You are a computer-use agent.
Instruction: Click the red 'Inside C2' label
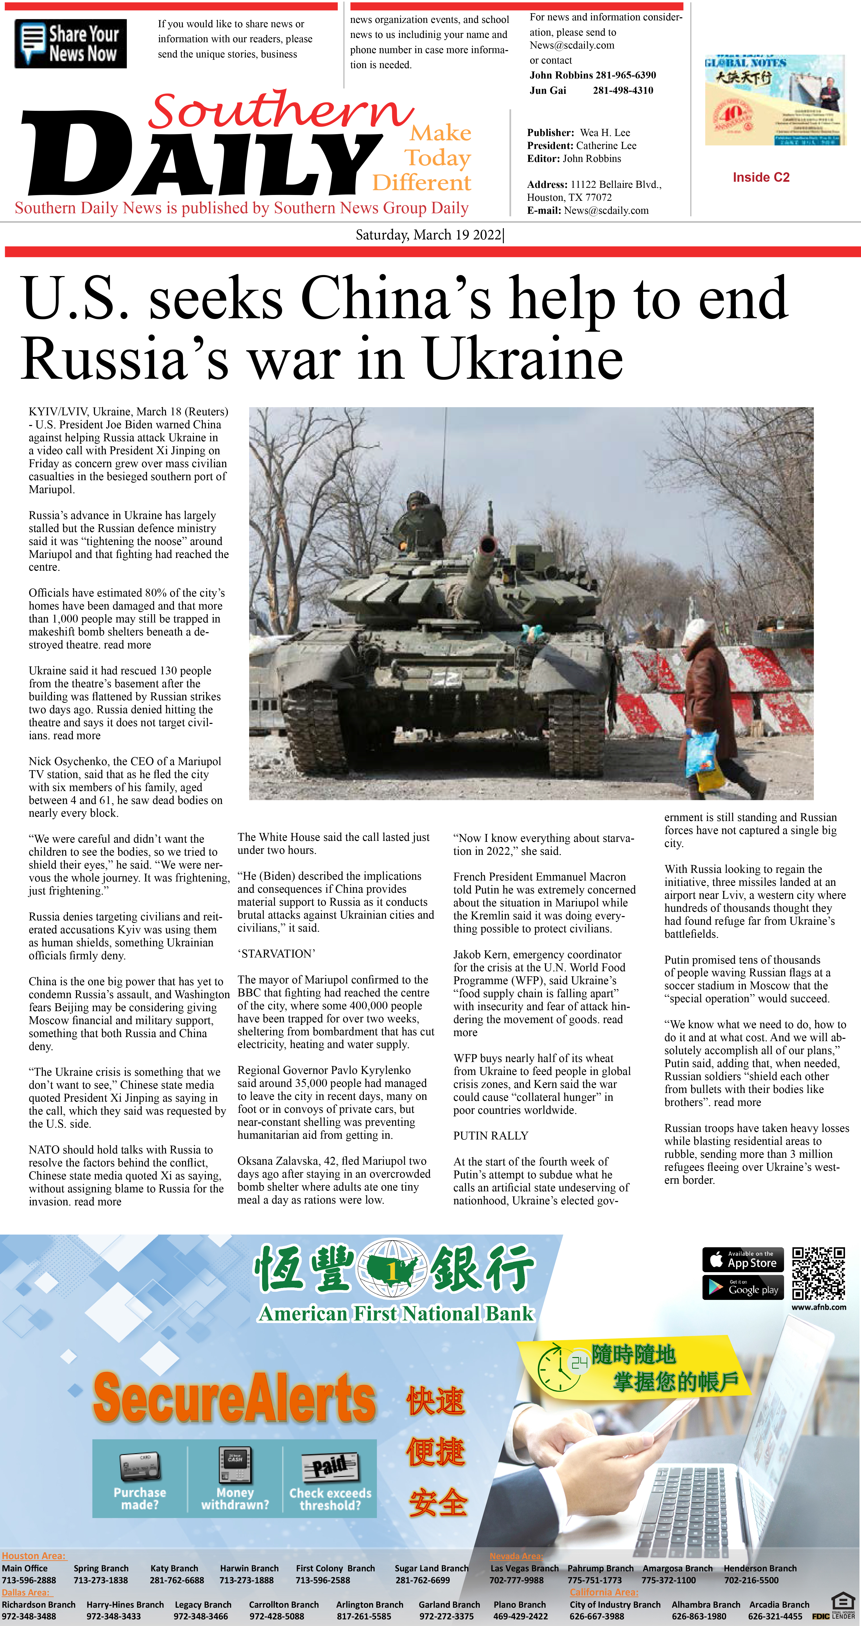(761, 177)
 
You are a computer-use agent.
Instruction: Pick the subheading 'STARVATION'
(276, 954)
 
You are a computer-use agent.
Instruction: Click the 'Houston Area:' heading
(34, 1556)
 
